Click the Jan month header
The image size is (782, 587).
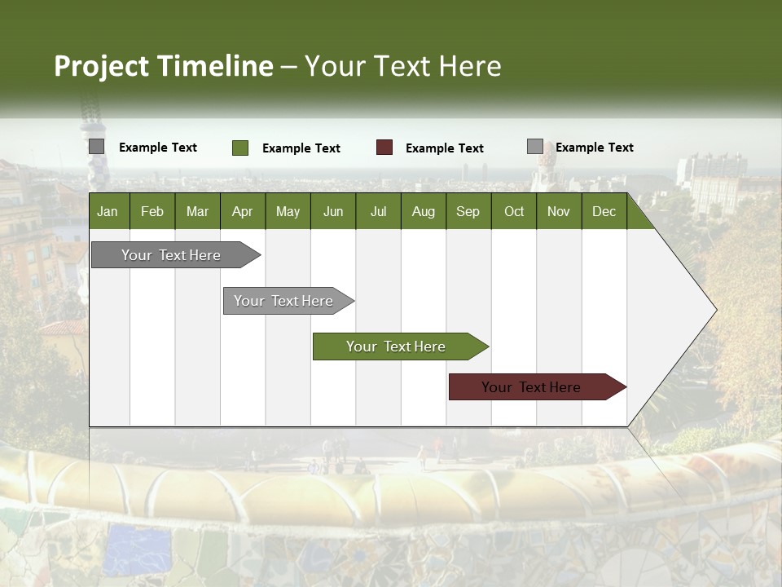(108, 211)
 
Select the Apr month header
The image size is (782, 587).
(243, 211)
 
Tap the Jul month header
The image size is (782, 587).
(378, 211)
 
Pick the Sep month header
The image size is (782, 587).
(468, 211)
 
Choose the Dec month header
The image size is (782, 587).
(604, 211)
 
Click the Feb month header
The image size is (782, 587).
(152, 211)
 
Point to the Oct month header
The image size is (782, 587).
(514, 211)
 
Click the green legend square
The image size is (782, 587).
(239, 148)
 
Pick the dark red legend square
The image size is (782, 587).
(384, 148)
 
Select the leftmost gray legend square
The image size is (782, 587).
(96, 147)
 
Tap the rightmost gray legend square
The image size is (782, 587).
(534, 147)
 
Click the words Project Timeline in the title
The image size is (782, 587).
(163, 66)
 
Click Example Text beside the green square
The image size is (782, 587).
(301, 148)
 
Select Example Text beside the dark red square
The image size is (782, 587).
(444, 148)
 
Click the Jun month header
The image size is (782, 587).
(333, 211)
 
